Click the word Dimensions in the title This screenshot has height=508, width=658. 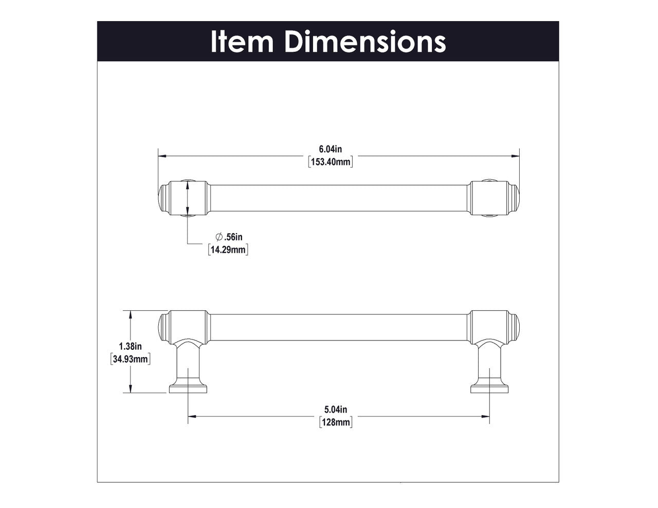[365, 41]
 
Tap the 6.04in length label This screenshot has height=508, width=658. [331, 149]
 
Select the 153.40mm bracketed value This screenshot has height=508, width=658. [331, 162]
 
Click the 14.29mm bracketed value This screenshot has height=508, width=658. [228, 250]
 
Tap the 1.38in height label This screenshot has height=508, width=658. [131, 346]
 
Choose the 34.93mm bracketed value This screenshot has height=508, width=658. [131, 359]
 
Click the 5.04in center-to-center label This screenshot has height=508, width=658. [336, 409]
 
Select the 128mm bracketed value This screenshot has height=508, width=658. [336, 422]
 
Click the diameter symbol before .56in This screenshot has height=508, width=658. [219, 237]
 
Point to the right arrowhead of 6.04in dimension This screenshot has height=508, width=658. [516, 155]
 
